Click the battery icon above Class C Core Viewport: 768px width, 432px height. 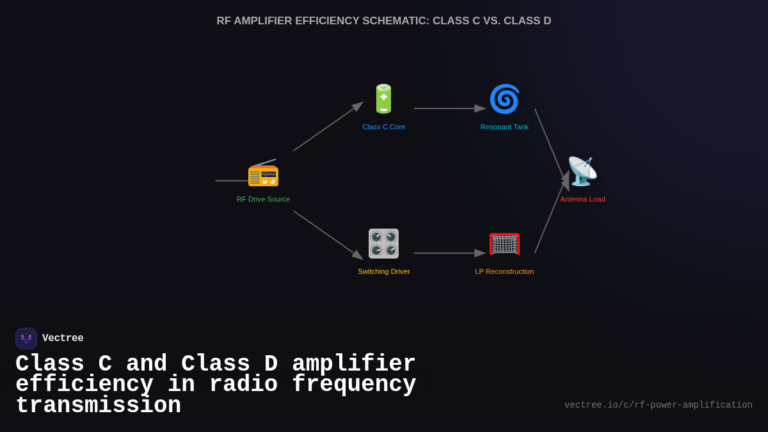tap(383, 99)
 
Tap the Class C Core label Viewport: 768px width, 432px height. tap(384, 127)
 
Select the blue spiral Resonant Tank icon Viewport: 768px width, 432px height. tap(504, 99)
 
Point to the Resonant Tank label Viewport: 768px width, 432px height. tap(504, 127)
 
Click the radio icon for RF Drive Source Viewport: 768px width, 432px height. tap(263, 172)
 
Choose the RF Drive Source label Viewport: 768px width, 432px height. tap(263, 199)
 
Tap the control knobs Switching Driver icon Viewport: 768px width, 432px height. tap(383, 243)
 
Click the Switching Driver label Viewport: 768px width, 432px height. tap(384, 271)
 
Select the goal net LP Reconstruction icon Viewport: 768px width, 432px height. tap(504, 244)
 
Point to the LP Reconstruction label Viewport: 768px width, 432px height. tap(504, 271)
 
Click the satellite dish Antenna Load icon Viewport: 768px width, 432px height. tap(582, 171)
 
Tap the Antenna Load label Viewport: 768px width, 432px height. tap(582, 199)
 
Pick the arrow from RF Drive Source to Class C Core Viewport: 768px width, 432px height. tap(328, 127)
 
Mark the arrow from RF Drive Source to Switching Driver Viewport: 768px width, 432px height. tap(328, 235)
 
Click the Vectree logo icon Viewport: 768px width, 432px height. tap(26, 339)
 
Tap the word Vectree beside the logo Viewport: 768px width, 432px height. tap(63, 339)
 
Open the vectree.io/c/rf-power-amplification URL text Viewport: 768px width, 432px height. tap(658, 405)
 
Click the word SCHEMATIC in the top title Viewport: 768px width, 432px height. tap(395, 21)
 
